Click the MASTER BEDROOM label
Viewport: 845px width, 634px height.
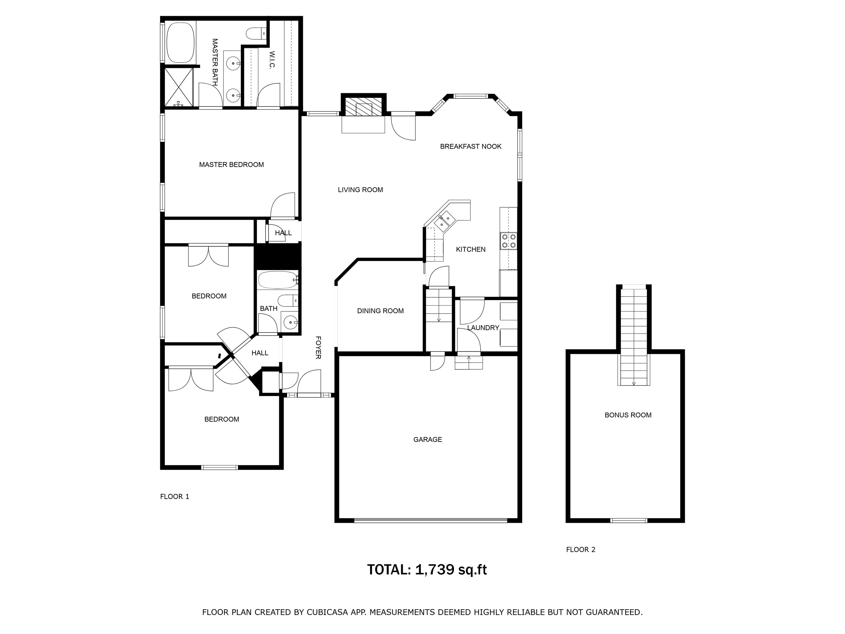(x=232, y=165)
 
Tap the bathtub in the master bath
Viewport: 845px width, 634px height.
(x=181, y=42)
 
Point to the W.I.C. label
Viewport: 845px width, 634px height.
(x=272, y=60)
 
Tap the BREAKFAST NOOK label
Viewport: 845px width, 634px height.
(x=471, y=146)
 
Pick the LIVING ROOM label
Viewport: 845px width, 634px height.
(x=360, y=190)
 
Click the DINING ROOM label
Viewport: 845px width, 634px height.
(x=381, y=311)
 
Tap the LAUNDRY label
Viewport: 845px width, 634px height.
(x=483, y=328)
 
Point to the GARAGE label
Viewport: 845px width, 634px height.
(x=428, y=439)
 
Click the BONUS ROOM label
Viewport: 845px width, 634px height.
(x=628, y=415)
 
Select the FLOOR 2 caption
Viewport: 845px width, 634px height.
(x=581, y=550)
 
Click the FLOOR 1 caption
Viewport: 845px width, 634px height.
(x=175, y=496)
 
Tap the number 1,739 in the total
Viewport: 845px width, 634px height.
(x=435, y=570)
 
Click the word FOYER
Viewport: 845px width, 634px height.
(x=318, y=347)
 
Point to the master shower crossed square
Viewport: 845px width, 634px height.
(x=178, y=87)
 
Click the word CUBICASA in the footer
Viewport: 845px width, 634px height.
(x=327, y=612)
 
